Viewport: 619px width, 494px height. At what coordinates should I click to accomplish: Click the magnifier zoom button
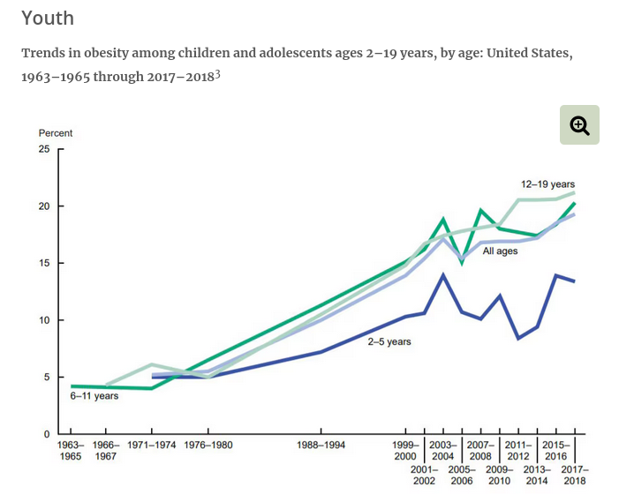coord(579,124)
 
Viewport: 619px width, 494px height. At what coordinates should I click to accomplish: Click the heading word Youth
coord(48,19)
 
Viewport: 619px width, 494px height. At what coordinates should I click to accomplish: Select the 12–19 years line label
coord(547,184)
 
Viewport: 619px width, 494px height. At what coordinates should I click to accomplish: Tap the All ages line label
coord(500,251)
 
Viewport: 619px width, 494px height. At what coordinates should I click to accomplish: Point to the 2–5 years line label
coord(389,341)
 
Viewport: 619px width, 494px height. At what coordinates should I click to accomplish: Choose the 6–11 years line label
coord(94,396)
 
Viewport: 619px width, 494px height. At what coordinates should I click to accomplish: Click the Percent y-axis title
coord(56,133)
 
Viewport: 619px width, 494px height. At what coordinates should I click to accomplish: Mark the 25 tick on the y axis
coord(45,149)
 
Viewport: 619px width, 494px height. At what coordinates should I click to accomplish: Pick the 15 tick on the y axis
coord(45,263)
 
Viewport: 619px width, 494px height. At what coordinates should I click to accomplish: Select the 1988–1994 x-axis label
coord(321,445)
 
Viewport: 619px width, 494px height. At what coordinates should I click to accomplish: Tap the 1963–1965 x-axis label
coord(71,451)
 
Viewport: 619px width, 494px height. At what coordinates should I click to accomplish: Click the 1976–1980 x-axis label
coord(208,445)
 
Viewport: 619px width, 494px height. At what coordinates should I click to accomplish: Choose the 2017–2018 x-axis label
coord(574,475)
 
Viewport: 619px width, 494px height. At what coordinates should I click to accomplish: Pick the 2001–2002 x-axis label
coord(424,475)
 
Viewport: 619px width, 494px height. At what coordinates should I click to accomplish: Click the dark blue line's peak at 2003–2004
coord(443,275)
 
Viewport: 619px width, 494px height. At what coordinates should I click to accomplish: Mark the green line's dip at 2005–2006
coord(462,262)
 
